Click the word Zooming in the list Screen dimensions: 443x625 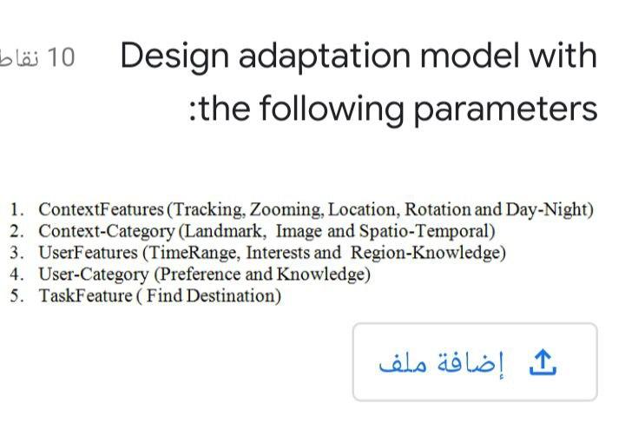pyautogui.click(x=285, y=209)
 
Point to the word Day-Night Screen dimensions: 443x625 pyautogui.click(x=549, y=209)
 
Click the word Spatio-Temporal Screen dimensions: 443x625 pyautogui.click(x=425, y=231)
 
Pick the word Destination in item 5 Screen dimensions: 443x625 pyautogui.click(x=233, y=296)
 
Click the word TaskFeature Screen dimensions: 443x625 pyautogui.click(x=85, y=296)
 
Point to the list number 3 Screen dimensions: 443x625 pyautogui.click(x=16, y=253)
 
